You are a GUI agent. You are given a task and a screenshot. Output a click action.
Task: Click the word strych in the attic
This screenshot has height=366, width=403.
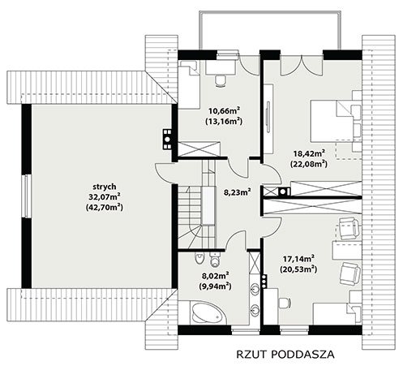[x=105, y=187]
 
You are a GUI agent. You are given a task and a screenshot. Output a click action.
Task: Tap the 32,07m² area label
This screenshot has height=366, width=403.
[x=105, y=196]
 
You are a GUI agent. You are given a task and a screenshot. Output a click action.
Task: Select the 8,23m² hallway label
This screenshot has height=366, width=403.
[x=237, y=192]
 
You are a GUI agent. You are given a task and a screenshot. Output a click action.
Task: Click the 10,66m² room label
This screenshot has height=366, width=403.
[x=224, y=111]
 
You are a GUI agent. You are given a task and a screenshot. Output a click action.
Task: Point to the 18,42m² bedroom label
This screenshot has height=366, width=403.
[x=309, y=153]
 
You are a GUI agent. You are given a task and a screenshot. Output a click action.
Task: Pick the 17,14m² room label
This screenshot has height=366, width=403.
[x=298, y=259]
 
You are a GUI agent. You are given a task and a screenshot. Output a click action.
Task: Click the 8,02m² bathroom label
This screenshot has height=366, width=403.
[x=216, y=276]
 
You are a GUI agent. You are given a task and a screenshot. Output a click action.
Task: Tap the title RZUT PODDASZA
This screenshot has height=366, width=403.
[x=285, y=355]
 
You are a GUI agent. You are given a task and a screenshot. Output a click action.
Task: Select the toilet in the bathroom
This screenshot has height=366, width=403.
[x=199, y=258]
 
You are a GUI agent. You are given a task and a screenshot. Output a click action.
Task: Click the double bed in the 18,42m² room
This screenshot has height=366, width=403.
[x=332, y=121]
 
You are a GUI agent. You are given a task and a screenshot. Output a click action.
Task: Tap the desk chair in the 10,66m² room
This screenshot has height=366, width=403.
[x=221, y=80]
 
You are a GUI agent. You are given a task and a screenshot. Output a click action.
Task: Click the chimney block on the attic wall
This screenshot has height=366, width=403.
[x=167, y=140]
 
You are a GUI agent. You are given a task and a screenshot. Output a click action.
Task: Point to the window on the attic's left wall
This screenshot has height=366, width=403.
[x=26, y=196]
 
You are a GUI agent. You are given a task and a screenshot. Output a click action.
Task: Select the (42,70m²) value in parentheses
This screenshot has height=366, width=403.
[x=105, y=208]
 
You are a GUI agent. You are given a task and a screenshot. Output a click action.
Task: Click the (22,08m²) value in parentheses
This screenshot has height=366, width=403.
[x=309, y=164]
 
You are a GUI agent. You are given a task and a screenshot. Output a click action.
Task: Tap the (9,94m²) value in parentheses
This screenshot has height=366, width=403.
[x=216, y=286]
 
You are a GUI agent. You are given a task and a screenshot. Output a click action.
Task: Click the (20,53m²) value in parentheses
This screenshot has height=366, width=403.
[x=298, y=269]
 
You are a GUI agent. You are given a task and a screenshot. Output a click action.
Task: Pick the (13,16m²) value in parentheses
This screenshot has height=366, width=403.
[x=224, y=121]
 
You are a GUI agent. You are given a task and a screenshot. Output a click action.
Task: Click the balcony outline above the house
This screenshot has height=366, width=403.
[x=269, y=11]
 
